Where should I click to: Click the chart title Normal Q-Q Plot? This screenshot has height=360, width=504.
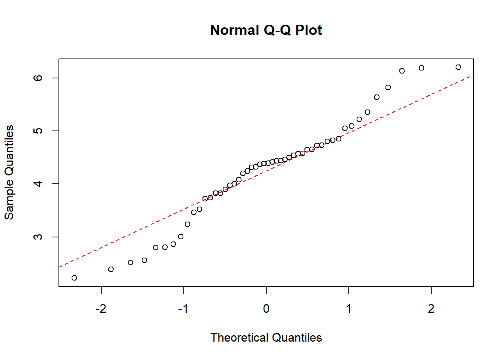tap(266, 30)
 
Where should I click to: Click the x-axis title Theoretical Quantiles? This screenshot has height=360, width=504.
tap(266, 337)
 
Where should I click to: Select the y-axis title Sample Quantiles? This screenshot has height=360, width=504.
tap(9, 172)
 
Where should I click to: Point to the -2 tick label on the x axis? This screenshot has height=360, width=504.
tap(101, 309)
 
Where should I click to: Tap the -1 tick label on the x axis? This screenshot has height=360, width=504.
tap(183, 309)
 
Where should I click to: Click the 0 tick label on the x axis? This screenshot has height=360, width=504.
tap(266, 309)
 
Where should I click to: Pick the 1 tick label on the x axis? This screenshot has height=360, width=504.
tap(349, 309)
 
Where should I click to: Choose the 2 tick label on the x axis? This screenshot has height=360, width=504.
tap(431, 309)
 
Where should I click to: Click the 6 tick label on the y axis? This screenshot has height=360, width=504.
tap(38, 78)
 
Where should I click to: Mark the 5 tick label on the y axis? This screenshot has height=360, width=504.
tap(38, 131)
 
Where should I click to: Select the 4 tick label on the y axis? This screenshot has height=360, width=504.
tap(38, 184)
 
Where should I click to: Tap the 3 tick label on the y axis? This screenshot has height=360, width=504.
tap(38, 237)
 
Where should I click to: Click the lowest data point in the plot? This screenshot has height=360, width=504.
tap(74, 278)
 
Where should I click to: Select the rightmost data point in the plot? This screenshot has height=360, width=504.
tap(458, 67)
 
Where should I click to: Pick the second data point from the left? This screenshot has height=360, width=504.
tap(111, 269)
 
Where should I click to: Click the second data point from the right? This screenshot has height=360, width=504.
tap(421, 68)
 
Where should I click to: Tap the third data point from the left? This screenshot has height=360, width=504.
tap(130, 262)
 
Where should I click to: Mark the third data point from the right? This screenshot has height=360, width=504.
tap(402, 71)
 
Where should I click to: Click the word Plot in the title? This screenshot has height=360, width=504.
tap(309, 30)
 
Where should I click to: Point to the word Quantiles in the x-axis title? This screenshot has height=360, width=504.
tap(297, 337)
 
